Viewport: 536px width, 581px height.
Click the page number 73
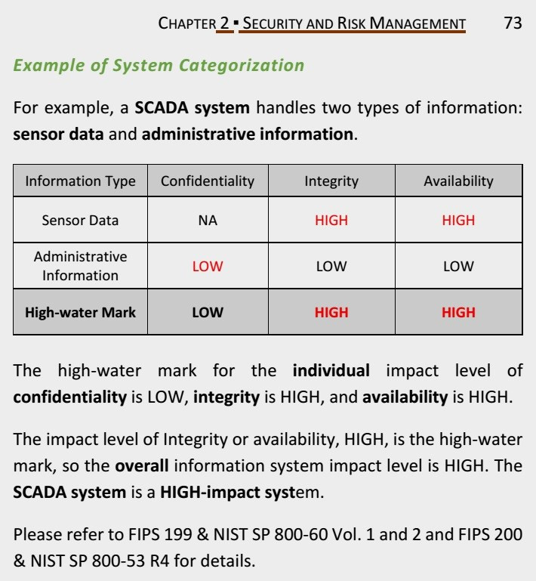pyautogui.click(x=513, y=23)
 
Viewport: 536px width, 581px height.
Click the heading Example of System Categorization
pyautogui.click(x=159, y=65)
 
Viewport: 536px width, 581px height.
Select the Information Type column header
pyautogui.click(x=80, y=181)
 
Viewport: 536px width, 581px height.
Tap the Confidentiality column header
pyautogui.click(x=208, y=181)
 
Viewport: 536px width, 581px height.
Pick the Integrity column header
pyautogui.click(x=331, y=181)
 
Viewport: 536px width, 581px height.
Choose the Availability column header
pyautogui.click(x=458, y=181)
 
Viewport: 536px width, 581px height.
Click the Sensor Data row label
pyautogui.click(x=80, y=221)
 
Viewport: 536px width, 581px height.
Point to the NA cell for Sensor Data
pyautogui.click(x=208, y=221)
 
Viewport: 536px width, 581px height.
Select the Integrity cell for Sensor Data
pyautogui.click(x=331, y=221)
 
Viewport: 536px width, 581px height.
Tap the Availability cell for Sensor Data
pyautogui.click(x=458, y=221)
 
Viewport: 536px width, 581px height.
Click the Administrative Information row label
pyautogui.click(x=80, y=266)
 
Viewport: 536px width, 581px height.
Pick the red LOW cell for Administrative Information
pyautogui.click(x=208, y=267)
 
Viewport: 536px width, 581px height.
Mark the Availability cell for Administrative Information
pyautogui.click(x=458, y=267)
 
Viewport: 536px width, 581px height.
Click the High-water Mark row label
pyautogui.click(x=80, y=312)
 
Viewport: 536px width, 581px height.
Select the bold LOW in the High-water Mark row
pyautogui.click(x=208, y=312)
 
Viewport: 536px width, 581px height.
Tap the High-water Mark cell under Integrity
pyautogui.click(x=331, y=312)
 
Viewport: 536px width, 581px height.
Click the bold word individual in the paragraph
pyautogui.click(x=331, y=371)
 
